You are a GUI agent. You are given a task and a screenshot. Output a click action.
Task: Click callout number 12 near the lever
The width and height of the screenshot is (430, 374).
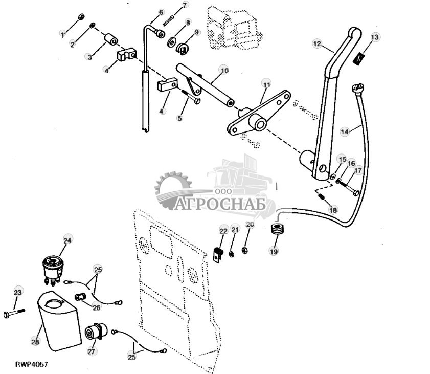pyautogui.click(x=317, y=45)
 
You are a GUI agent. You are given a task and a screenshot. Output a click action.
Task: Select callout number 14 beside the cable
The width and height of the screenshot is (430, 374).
pyautogui.click(x=345, y=131)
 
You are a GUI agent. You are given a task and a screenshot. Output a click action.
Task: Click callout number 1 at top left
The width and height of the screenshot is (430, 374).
pyautogui.click(x=63, y=35)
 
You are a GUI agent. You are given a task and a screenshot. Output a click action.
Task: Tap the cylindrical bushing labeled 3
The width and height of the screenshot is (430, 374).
pyautogui.click(x=111, y=40)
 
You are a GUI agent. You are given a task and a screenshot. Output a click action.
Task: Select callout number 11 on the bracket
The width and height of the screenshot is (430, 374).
pyautogui.click(x=266, y=83)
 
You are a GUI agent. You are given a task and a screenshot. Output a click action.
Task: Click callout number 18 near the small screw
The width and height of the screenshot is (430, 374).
pyautogui.click(x=333, y=210)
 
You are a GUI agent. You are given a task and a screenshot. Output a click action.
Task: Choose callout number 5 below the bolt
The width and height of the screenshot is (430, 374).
pyautogui.click(x=179, y=118)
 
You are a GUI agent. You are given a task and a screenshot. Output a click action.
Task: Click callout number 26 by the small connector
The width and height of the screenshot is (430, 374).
pyautogui.click(x=95, y=306)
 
